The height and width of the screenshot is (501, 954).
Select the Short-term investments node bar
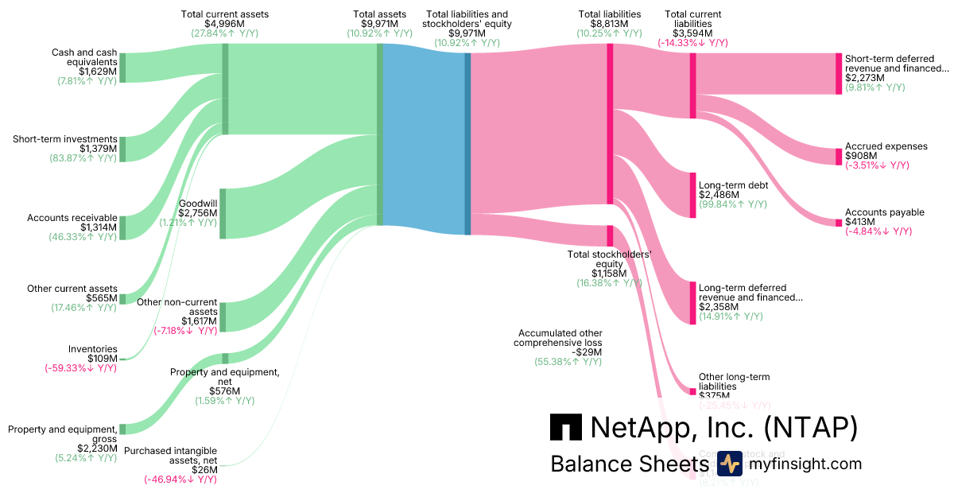coord(122,149)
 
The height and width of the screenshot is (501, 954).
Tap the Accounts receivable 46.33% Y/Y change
coord(83,237)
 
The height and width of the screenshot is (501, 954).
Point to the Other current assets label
coord(72,289)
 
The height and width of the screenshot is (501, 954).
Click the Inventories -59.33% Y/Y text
coord(80,367)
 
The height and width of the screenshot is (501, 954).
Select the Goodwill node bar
coord(223,213)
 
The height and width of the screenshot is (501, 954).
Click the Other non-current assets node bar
coord(223,317)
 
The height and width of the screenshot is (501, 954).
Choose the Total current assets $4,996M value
coord(225,24)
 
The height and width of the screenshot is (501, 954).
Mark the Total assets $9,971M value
coord(380,24)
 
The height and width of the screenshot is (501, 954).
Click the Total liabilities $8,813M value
coord(610,24)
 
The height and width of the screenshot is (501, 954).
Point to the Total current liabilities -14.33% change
coord(692,43)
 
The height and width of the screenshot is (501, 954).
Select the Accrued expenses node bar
coord(838,156)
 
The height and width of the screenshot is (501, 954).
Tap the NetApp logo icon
coord(565,427)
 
